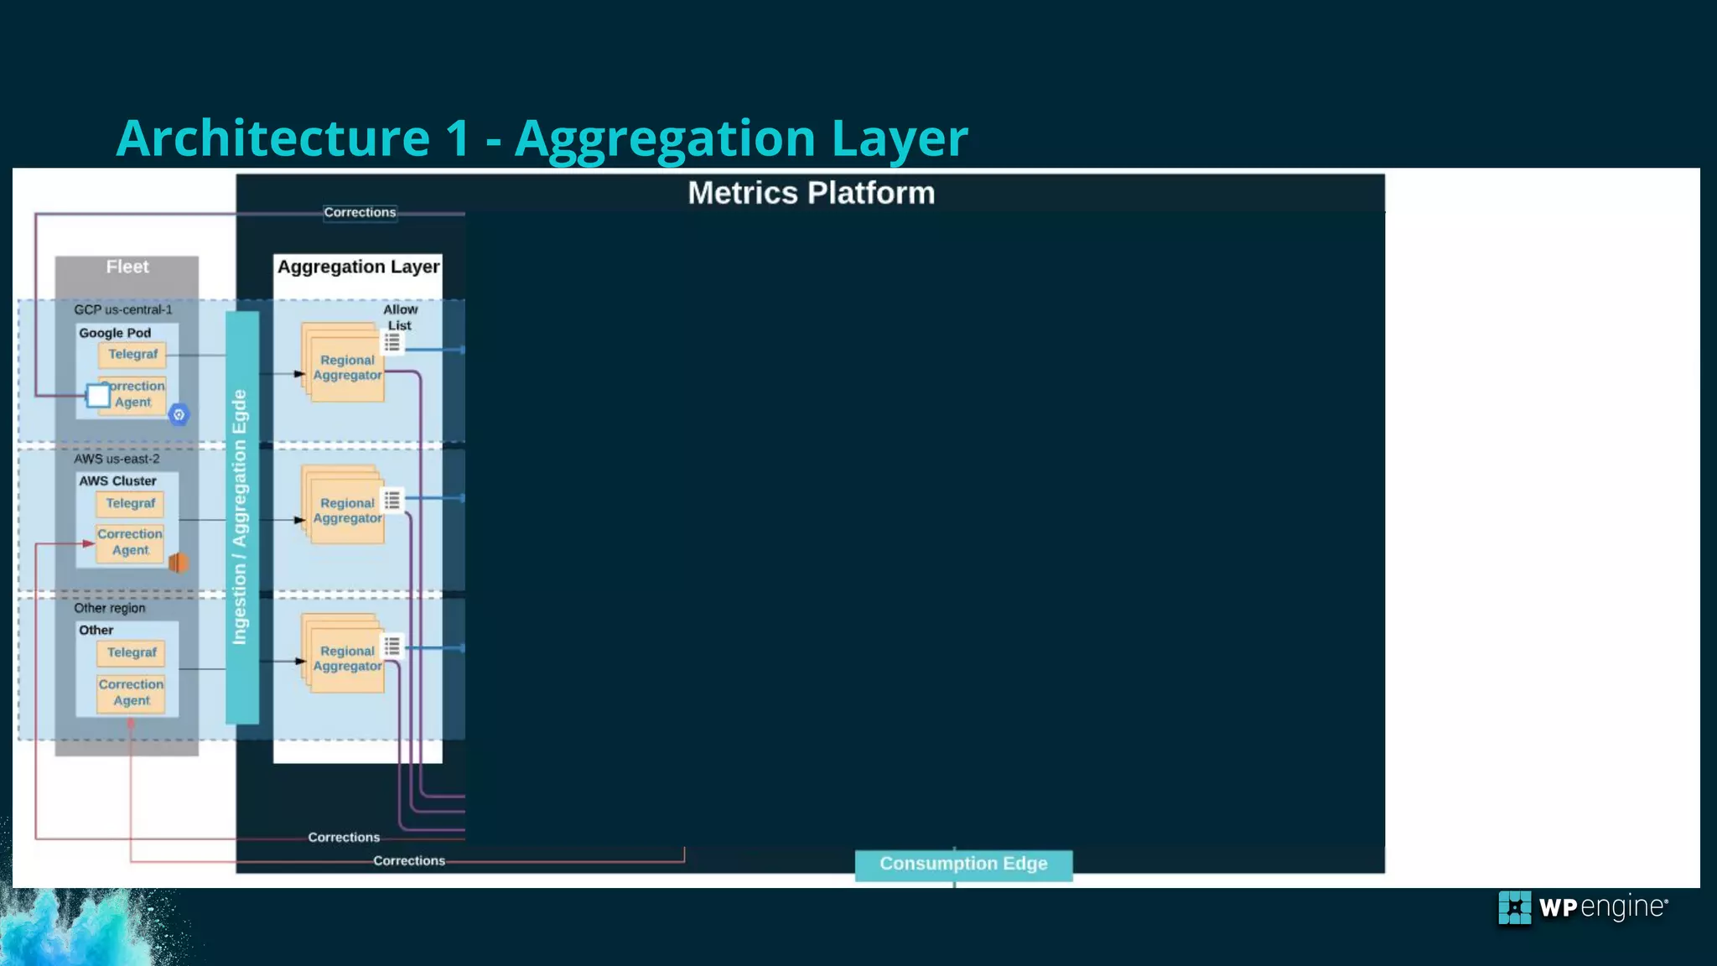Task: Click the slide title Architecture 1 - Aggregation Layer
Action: pos(542,138)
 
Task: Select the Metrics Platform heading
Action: pos(811,193)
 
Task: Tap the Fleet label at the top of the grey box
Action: pos(127,267)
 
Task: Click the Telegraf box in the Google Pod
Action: pos(132,355)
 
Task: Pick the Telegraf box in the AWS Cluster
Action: pos(130,503)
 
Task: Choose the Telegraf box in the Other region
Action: pos(132,652)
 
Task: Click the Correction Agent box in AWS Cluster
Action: pos(130,542)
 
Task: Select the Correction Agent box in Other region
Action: pos(131,693)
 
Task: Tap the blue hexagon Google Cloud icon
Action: pos(179,414)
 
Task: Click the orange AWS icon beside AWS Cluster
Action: pos(179,563)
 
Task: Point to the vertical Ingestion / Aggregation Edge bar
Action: pos(241,517)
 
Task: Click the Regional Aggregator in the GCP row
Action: pos(347,367)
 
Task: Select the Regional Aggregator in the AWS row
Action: pos(347,510)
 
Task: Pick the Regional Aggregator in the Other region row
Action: pos(347,658)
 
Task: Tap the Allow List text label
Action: pos(400,317)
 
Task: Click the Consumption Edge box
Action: pos(963,864)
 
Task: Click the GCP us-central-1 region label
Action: pos(123,309)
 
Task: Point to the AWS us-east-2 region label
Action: pos(117,459)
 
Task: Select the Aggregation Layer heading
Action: pos(358,267)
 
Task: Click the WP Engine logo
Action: pos(1583,908)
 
